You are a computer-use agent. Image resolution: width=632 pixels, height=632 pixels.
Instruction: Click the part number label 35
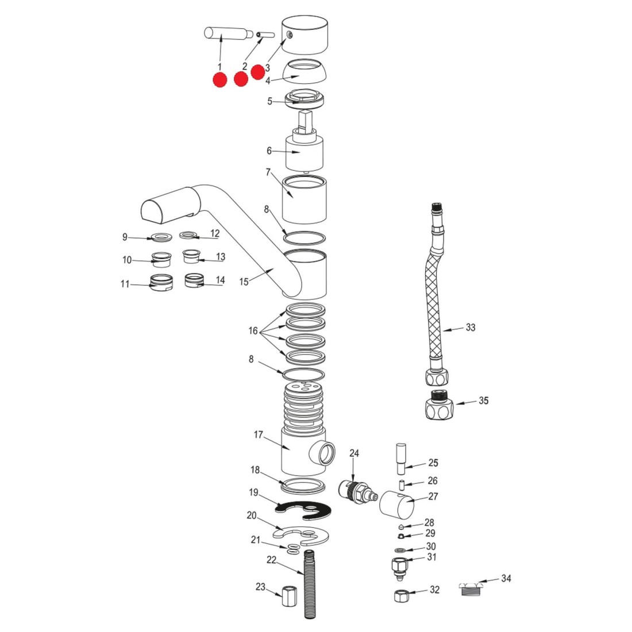(484, 400)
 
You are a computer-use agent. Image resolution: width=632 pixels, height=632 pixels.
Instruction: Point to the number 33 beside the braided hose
(471, 327)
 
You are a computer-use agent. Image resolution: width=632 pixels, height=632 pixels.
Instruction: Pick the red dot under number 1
(219, 80)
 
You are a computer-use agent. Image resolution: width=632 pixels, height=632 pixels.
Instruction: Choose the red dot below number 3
(258, 71)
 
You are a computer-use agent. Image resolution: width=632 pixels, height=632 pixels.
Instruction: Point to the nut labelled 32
(400, 596)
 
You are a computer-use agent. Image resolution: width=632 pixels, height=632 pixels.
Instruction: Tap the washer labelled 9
(161, 236)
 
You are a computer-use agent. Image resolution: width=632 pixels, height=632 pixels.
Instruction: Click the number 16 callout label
(253, 331)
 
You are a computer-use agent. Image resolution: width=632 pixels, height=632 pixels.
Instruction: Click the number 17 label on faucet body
(258, 435)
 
